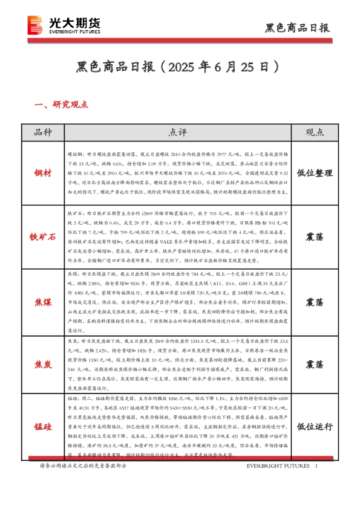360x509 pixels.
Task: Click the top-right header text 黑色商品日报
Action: click(298, 28)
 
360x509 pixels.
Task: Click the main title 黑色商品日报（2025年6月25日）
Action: click(180, 66)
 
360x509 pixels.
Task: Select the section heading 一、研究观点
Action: click(62, 105)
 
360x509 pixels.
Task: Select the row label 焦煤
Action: click(42, 301)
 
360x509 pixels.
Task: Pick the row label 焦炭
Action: click(42, 365)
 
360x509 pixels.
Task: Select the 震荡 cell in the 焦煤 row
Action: click(314, 301)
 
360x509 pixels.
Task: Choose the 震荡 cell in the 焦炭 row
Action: click(314, 365)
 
